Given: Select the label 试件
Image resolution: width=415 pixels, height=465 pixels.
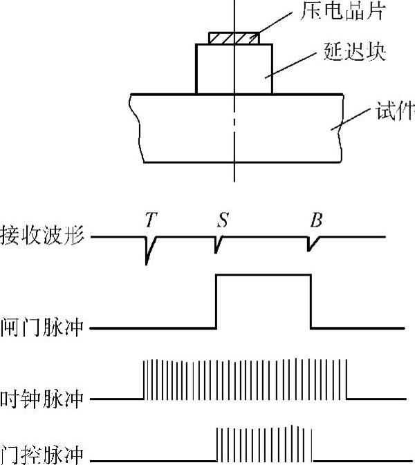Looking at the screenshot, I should pyautogui.click(x=395, y=110).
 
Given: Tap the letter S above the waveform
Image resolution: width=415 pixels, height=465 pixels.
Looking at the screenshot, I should pyautogui.click(x=222, y=220).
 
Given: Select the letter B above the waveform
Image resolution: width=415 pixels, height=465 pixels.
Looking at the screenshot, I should pyautogui.click(x=315, y=220).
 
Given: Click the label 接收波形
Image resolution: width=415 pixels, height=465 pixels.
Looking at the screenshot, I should pyautogui.click(x=43, y=236).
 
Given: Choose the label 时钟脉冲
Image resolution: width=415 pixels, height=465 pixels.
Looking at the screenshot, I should pyautogui.click(x=43, y=399).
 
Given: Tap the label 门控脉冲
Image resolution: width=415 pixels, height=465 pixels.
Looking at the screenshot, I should pyautogui.click(x=43, y=455).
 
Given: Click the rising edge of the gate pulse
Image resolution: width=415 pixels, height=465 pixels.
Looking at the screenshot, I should pyautogui.click(x=216, y=301).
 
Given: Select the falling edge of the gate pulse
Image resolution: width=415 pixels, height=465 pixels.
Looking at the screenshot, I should pyautogui.click(x=311, y=301).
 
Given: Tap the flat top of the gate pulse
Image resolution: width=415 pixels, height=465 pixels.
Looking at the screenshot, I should pyautogui.click(x=264, y=275).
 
